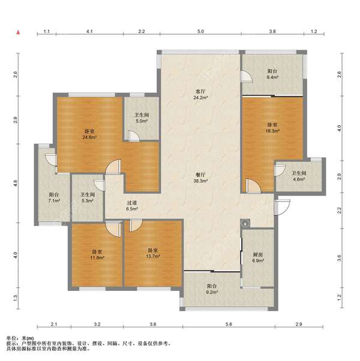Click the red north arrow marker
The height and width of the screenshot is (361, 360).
[x=18, y=32]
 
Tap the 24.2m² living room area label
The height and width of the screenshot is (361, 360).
[x=200, y=94]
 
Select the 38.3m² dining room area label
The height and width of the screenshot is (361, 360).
[x=200, y=178]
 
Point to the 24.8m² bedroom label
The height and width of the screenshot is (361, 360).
[x=89, y=134]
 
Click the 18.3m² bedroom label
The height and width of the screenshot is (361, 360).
[x=272, y=128]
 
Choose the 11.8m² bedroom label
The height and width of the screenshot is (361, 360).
[x=97, y=255]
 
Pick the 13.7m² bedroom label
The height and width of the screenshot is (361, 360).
[x=153, y=253]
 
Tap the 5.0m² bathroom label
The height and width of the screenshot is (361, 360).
[x=142, y=118]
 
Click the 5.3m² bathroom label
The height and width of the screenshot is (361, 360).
[x=88, y=197]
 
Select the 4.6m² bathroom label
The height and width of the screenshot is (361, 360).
[x=299, y=176]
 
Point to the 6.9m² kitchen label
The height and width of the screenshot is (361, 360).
[x=258, y=258]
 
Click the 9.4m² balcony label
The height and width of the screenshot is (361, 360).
[x=272, y=74]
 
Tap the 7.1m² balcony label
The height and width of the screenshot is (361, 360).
[x=54, y=197]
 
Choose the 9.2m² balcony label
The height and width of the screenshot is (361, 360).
[x=212, y=289]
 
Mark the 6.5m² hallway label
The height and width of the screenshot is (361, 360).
[x=132, y=206]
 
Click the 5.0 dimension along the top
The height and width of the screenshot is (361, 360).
[x=200, y=31]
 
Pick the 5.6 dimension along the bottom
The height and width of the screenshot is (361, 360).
[x=229, y=324]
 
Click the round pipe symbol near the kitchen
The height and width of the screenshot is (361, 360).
[x=245, y=223]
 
